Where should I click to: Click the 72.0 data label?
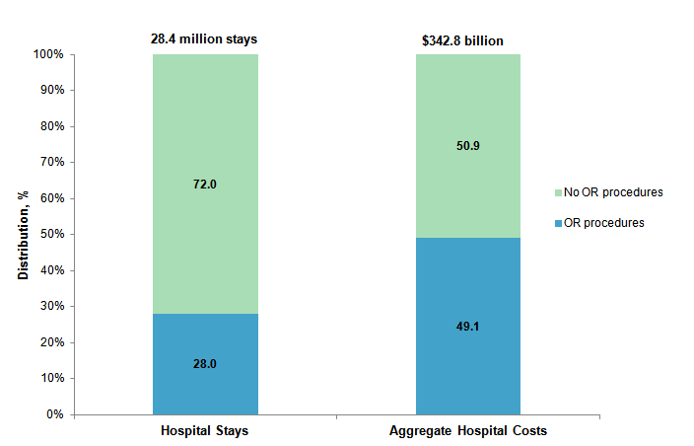pyautogui.click(x=205, y=185)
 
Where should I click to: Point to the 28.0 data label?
pyautogui.click(x=205, y=364)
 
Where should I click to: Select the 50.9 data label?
pyautogui.click(x=467, y=146)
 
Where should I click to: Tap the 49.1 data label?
pyautogui.click(x=467, y=326)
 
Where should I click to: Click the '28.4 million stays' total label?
pyautogui.click(x=203, y=39)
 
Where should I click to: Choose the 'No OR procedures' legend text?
pyautogui.click(x=612, y=191)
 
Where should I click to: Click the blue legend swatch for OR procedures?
pyautogui.click(x=558, y=224)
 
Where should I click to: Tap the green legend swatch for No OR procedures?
pyautogui.click(x=558, y=192)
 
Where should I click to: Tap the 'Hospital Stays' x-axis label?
pyautogui.click(x=205, y=432)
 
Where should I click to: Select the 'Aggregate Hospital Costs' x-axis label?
pyautogui.click(x=467, y=432)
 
